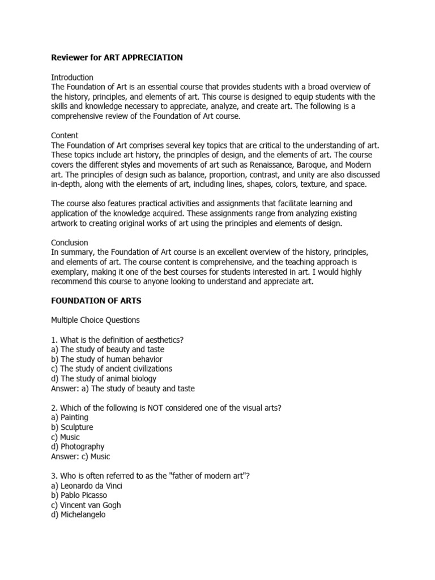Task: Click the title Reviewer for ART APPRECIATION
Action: click(x=117, y=58)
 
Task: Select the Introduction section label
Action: click(x=72, y=77)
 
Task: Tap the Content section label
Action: click(x=65, y=135)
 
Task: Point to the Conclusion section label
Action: click(x=70, y=242)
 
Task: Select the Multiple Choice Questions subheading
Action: click(x=95, y=320)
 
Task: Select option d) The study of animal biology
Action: click(x=104, y=378)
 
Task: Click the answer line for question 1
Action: click(x=123, y=388)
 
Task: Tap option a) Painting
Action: click(x=70, y=417)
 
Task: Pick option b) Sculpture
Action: click(x=72, y=427)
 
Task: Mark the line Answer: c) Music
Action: click(x=80, y=457)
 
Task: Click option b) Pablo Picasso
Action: click(x=79, y=495)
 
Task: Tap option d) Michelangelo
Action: click(x=78, y=515)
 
